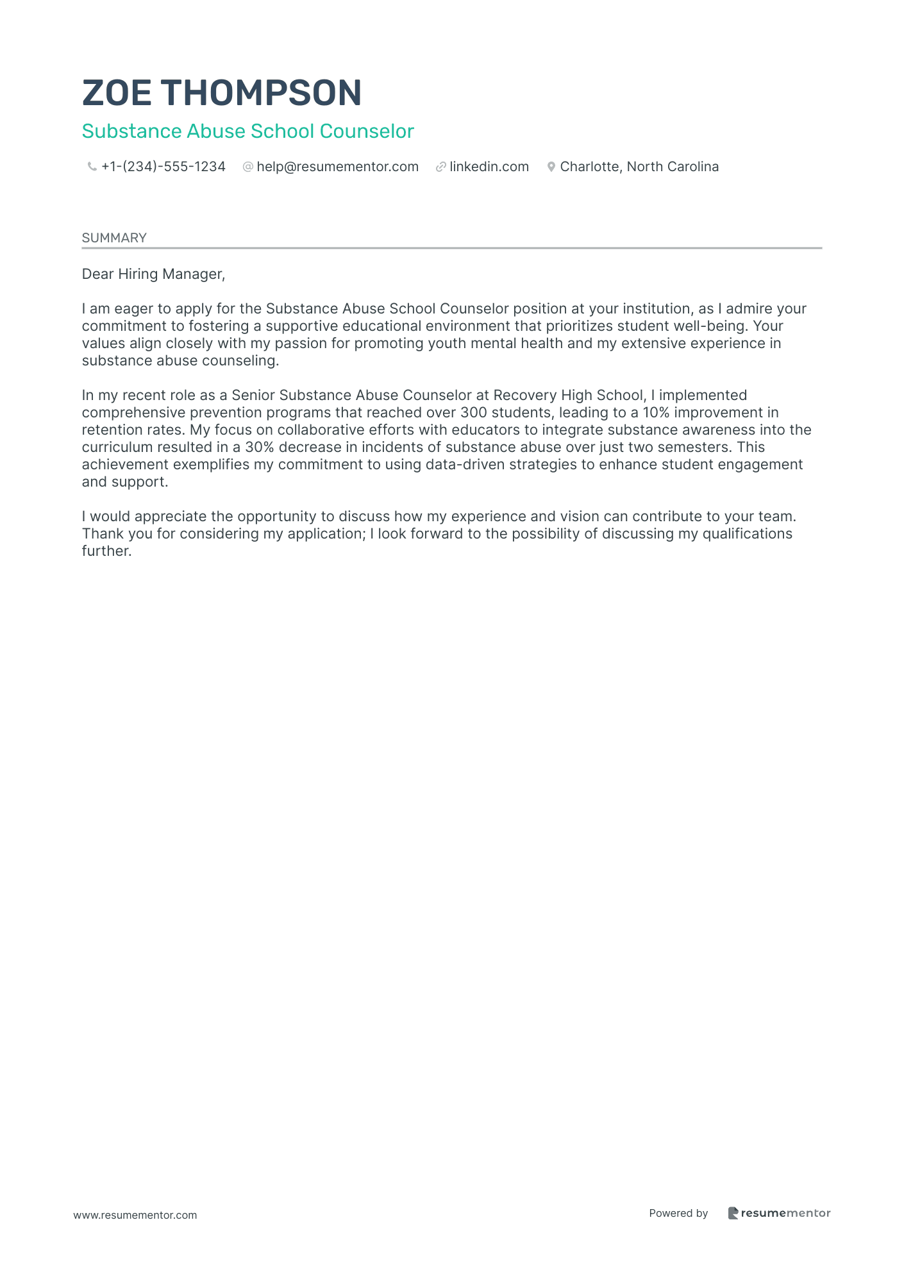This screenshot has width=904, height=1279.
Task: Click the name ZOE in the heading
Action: pos(117,93)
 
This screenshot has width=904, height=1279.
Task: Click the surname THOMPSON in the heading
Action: pos(261,93)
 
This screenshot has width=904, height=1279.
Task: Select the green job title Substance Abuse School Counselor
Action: pos(247,131)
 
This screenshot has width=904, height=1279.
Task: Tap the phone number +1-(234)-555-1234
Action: pos(163,167)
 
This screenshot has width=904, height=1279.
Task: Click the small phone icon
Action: pos(92,167)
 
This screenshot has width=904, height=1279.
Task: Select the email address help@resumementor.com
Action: pos(337,167)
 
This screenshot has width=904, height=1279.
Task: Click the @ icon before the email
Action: pos(247,167)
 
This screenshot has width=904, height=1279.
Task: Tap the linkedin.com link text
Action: pos(489,167)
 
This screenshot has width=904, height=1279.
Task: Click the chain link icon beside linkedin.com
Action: pos(440,167)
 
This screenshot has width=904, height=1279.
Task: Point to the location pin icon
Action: pos(551,167)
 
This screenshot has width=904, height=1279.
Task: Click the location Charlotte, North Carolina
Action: pos(639,167)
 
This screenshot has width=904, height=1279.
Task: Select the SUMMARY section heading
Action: pos(114,238)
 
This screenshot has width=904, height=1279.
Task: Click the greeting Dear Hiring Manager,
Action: pos(153,274)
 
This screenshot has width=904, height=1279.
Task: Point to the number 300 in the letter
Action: pos(473,413)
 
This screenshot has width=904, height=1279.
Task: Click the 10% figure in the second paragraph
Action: pos(656,413)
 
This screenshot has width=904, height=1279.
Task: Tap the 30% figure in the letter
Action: pos(260,447)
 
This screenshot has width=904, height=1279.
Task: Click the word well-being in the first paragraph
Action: pos(711,326)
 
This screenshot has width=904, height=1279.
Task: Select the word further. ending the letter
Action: pos(106,551)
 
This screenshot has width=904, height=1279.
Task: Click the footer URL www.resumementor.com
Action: pos(135,1215)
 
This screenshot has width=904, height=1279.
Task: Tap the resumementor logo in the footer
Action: pos(779,1213)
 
